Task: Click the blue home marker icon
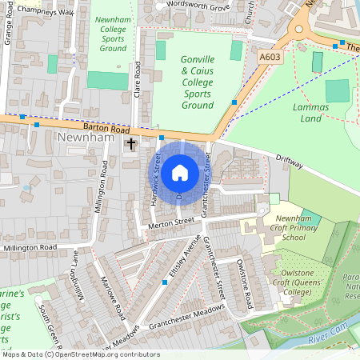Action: pos(180,172)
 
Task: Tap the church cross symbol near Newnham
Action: pos(131,145)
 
